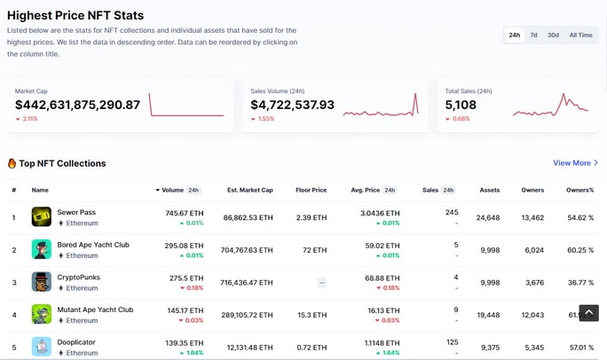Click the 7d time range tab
point(533,35)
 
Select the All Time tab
point(580,35)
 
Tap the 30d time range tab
point(553,35)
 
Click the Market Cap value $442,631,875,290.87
point(77,105)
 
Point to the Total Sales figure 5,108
point(461,105)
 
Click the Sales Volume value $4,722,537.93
point(292,105)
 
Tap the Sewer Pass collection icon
point(42,216)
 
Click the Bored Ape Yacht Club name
point(93,245)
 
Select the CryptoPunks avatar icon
point(42,281)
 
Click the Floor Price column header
point(311,191)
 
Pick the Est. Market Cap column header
point(250,191)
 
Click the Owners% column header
point(579,191)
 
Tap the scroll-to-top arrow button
point(588,312)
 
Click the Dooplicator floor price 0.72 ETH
point(311,348)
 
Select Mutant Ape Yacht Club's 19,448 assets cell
point(488,315)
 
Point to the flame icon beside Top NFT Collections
point(12,163)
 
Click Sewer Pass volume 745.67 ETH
point(185,213)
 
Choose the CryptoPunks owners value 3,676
point(534,283)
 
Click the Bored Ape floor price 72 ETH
point(315,250)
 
